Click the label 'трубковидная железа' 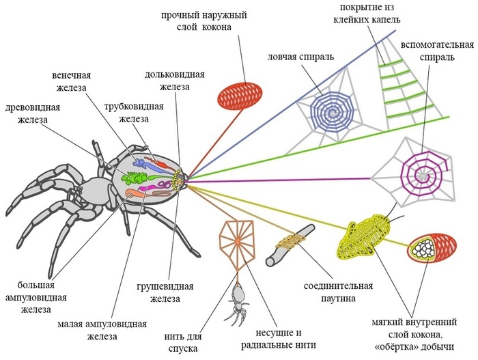[132, 113]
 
